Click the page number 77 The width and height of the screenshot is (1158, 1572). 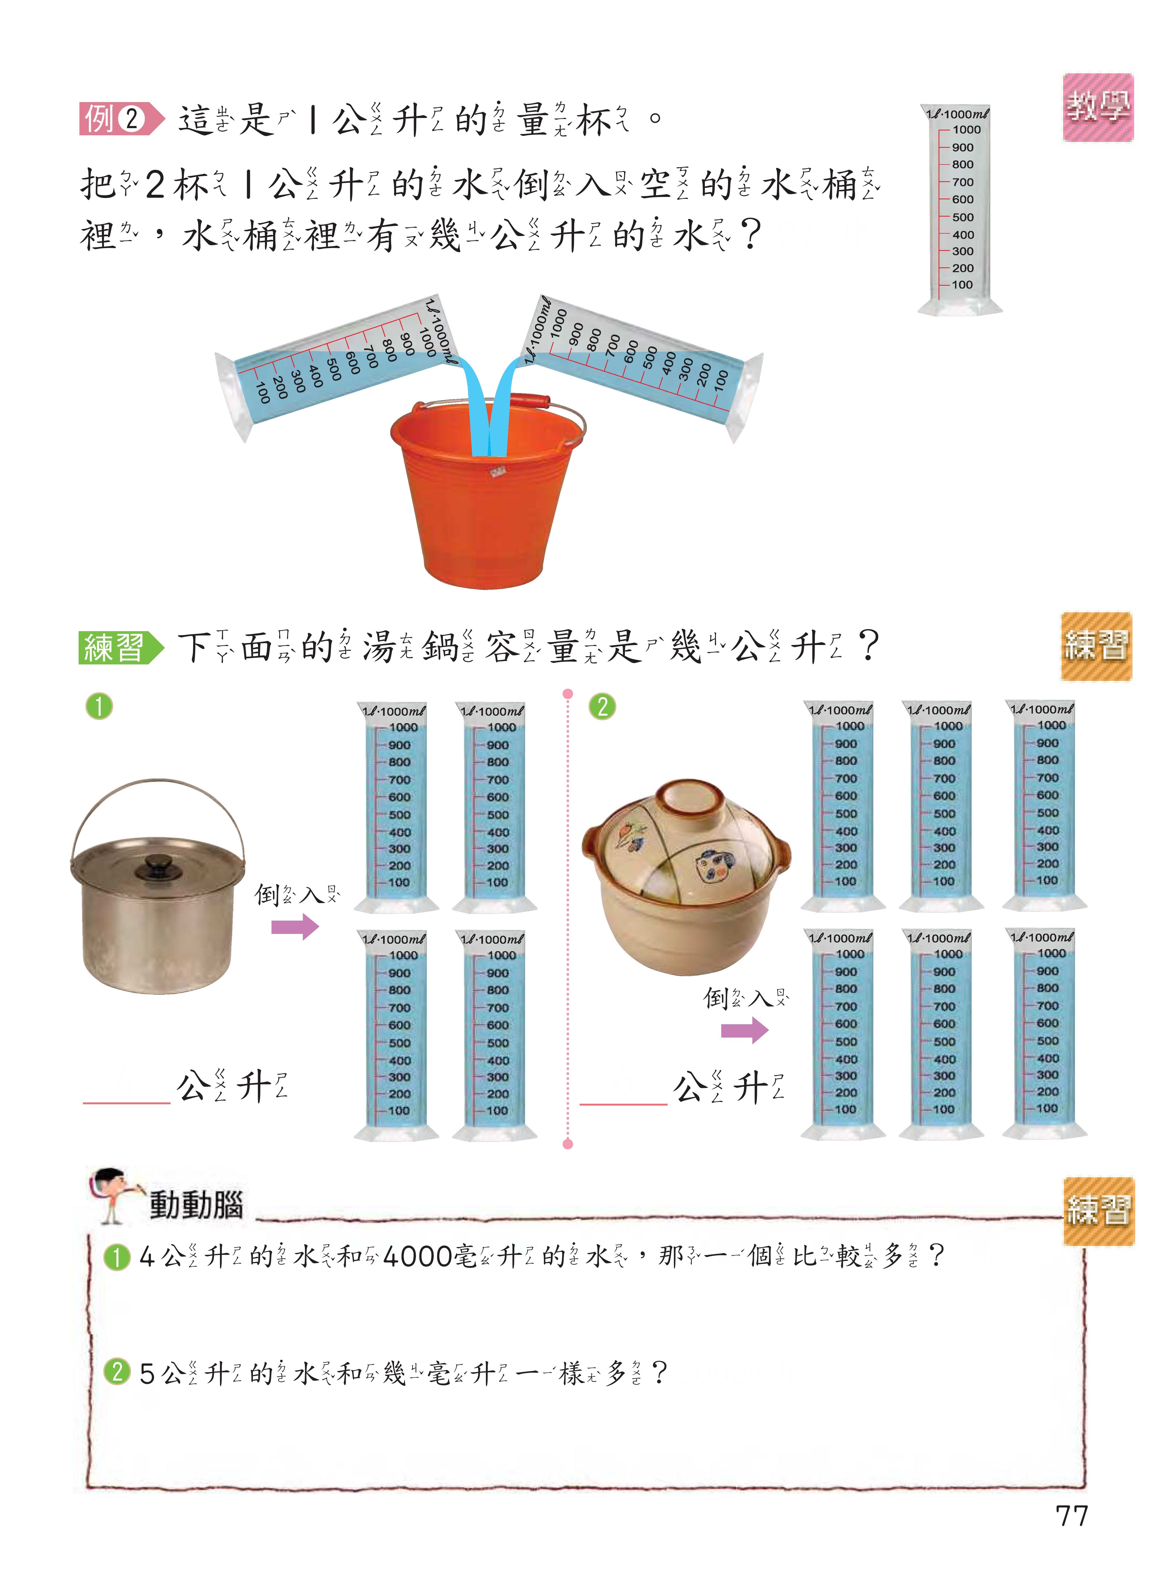(1071, 1516)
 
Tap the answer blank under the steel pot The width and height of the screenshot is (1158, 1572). (126, 1090)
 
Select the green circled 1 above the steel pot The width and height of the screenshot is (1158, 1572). (99, 706)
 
